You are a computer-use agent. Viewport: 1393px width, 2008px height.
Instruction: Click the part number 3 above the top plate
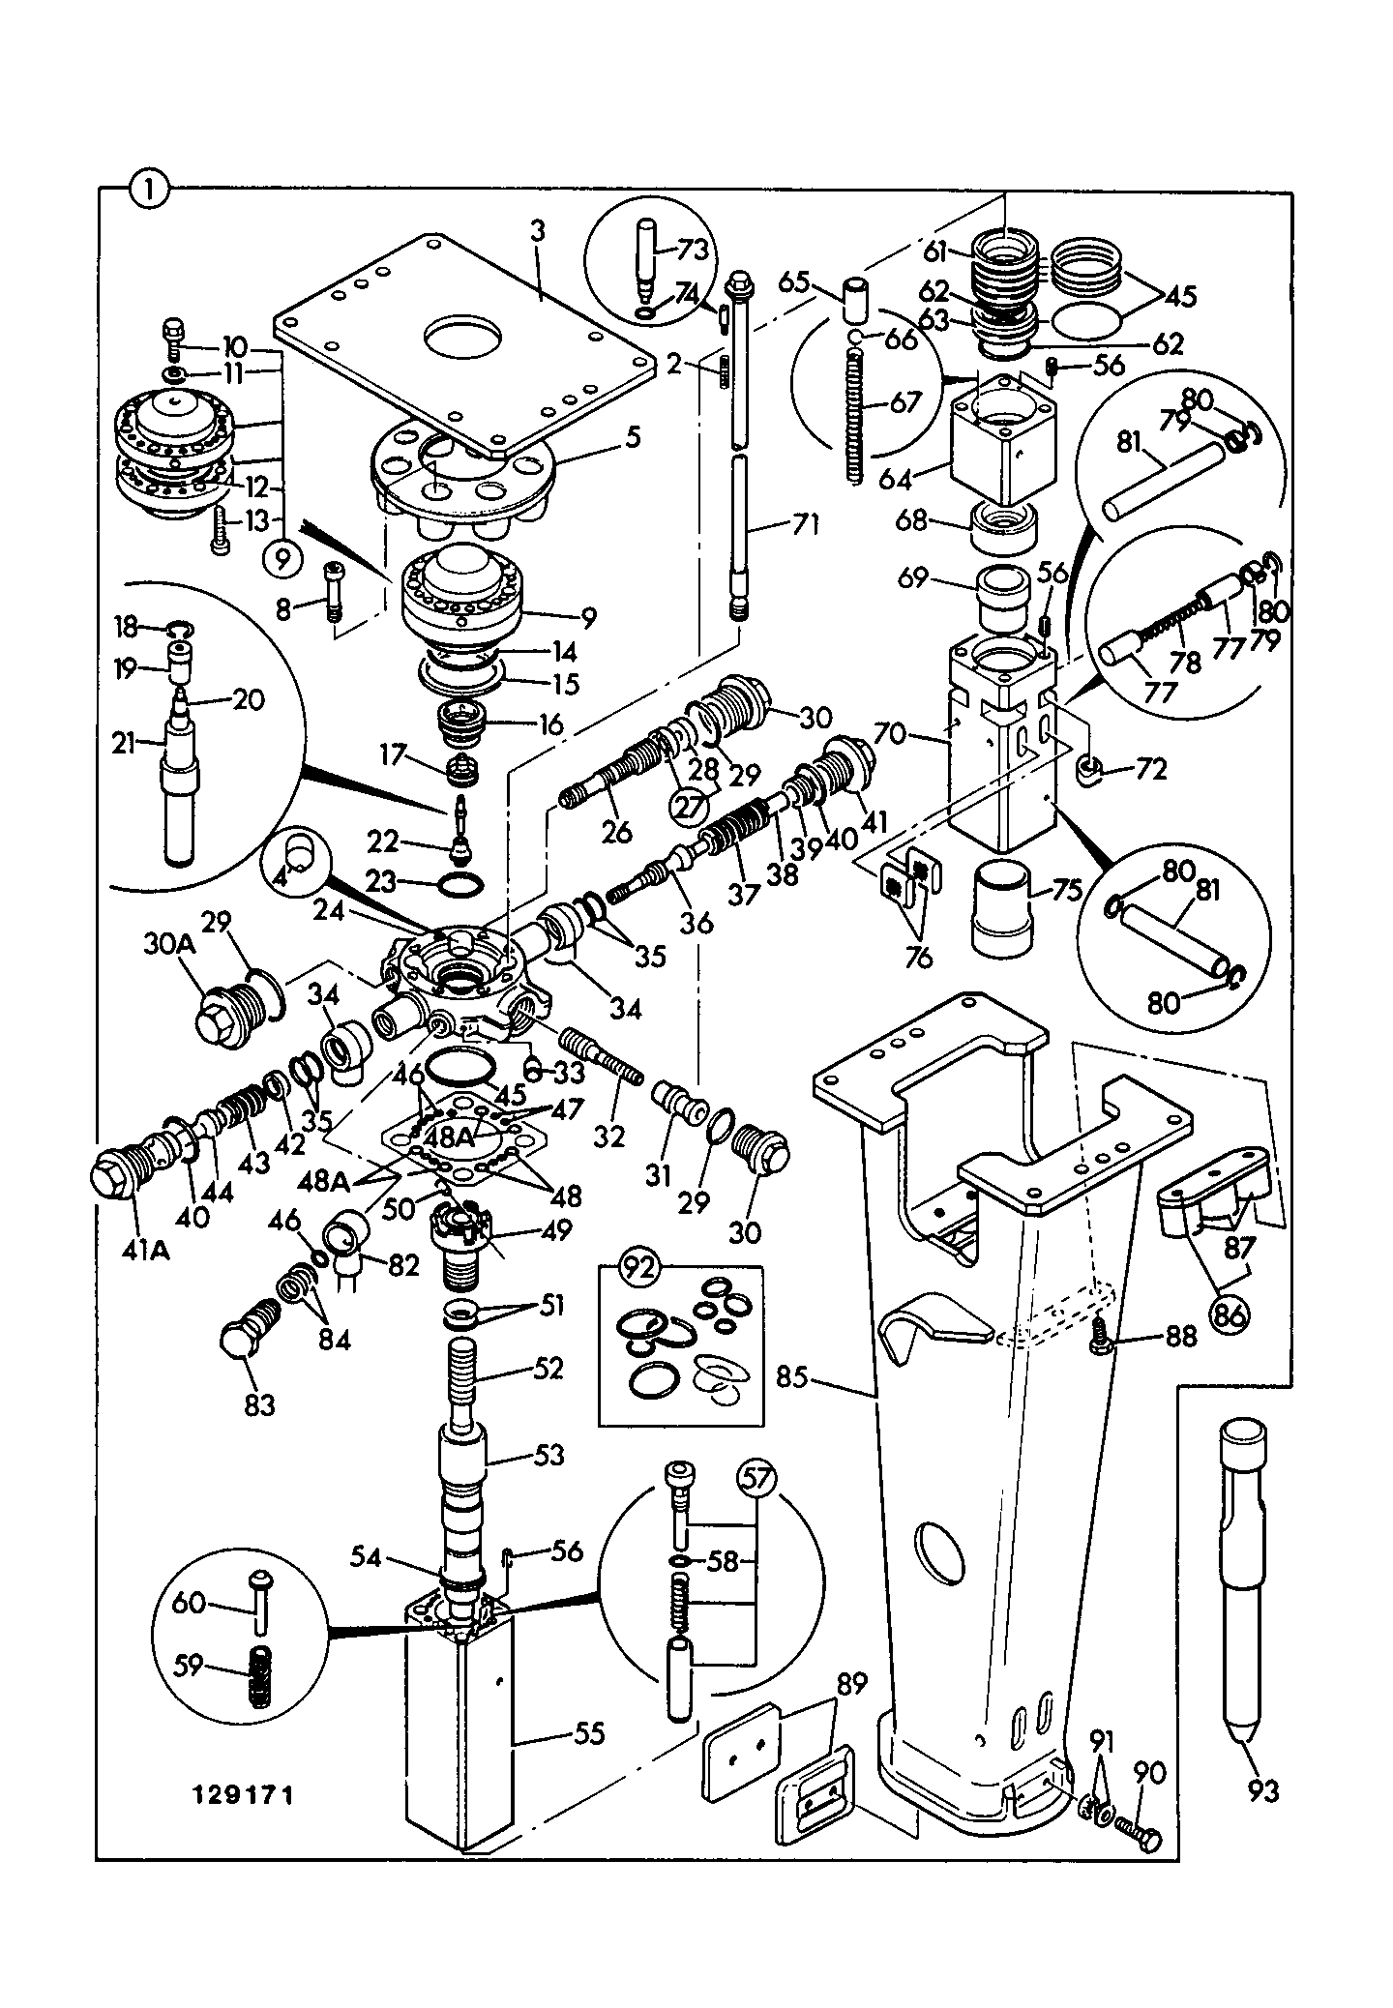click(539, 231)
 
